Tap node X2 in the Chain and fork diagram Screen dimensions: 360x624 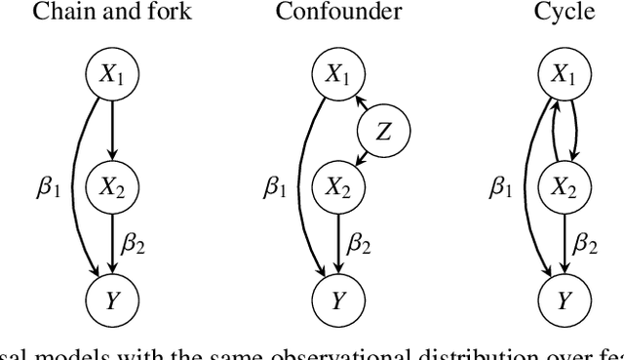pyautogui.click(x=113, y=184)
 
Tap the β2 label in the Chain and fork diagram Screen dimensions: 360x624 pyautogui.click(x=134, y=242)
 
